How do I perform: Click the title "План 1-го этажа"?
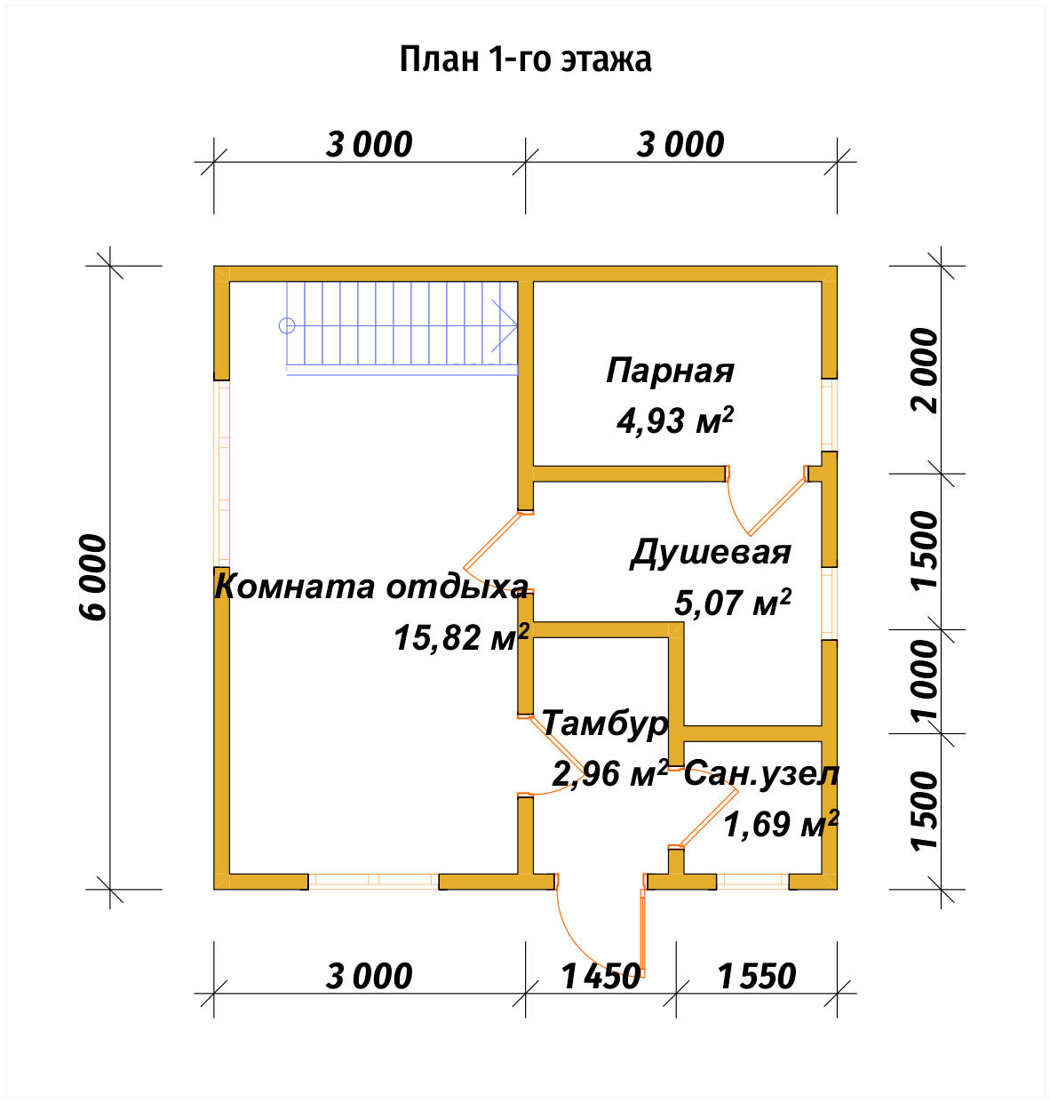[525, 60]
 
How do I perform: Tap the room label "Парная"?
[670, 371]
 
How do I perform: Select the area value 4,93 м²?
[674, 420]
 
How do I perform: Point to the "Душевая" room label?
[710, 552]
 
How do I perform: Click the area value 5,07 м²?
[732, 603]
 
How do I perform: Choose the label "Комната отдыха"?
[371, 587]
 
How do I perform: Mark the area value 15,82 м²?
[461, 637]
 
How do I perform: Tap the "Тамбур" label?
[604, 723]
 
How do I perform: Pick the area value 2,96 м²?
[609, 774]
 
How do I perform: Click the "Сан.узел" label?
[760, 774]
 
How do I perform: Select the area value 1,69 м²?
[780, 825]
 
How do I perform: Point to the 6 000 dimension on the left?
[92, 577]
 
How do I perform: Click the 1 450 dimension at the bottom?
[601, 977]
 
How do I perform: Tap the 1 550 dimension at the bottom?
[756, 977]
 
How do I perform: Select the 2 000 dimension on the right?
[925, 370]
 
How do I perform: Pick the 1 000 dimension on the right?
[925, 682]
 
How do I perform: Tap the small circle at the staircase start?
[287, 325]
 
